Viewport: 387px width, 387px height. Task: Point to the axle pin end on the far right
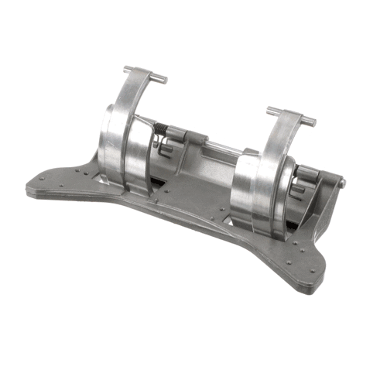pyautogui.click(x=342, y=183)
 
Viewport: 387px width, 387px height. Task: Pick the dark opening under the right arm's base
pyautogui.click(x=290, y=226)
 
